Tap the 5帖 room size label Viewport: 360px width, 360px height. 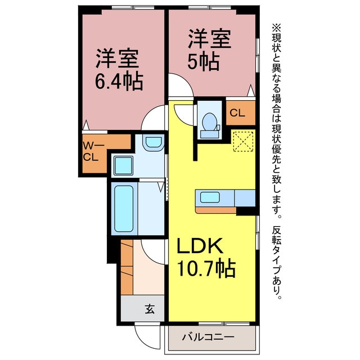tap(203, 62)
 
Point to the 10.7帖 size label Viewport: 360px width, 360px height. tap(206, 268)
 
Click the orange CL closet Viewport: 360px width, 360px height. tap(241, 112)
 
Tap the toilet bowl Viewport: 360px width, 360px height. tap(210, 122)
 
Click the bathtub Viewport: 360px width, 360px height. tap(124, 209)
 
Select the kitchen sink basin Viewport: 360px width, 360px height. tap(210, 197)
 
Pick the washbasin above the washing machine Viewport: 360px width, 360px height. tap(153, 142)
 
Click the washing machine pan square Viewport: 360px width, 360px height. tap(124, 165)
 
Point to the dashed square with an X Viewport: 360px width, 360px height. tap(244, 141)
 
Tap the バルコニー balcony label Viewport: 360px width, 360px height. tap(208, 337)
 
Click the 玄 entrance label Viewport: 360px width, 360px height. tap(150, 309)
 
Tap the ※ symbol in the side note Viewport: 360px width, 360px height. tap(277, 28)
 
